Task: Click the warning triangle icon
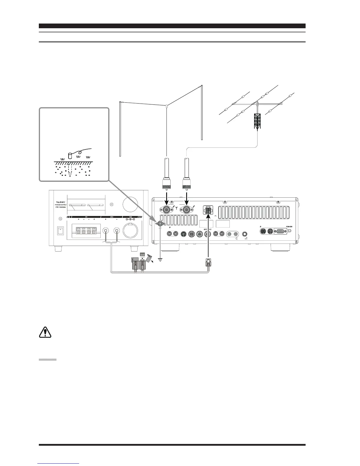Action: (45, 332)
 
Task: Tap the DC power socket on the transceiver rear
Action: (208, 211)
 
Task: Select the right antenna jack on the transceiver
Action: (186, 210)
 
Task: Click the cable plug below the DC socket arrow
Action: (208, 261)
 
